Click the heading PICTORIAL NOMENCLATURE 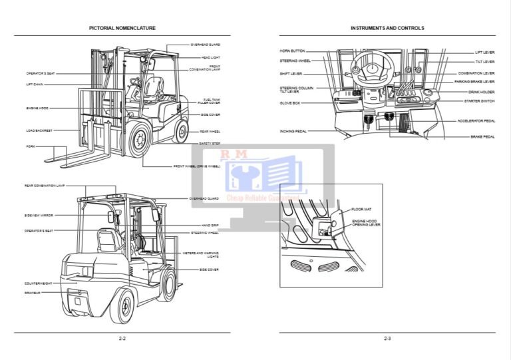point(122,28)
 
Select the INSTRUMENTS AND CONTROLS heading point(387,28)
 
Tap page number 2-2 point(122,339)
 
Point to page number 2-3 point(387,339)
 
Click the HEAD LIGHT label point(210,57)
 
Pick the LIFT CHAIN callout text point(35,85)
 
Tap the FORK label point(31,146)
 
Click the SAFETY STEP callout point(210,144)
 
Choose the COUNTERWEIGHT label point(38,283)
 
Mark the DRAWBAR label point(33,292)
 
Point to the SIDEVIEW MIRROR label point(39,216)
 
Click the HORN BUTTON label point(292,51)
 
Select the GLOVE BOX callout point(289,103)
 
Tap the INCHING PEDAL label point(292,131)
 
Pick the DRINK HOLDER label point(481,92)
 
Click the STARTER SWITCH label point(479,101)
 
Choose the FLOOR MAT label point(361,210)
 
